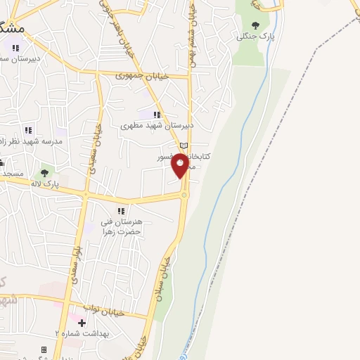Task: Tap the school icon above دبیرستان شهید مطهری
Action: (157, 114)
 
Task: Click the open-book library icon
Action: (184, 146)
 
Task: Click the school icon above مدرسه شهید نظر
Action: (28, 130)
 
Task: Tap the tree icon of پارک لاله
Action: (46, 172)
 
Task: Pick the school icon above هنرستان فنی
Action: (121, 210)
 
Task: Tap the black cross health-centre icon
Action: (82, 323)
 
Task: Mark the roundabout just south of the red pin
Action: (184, 195)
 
